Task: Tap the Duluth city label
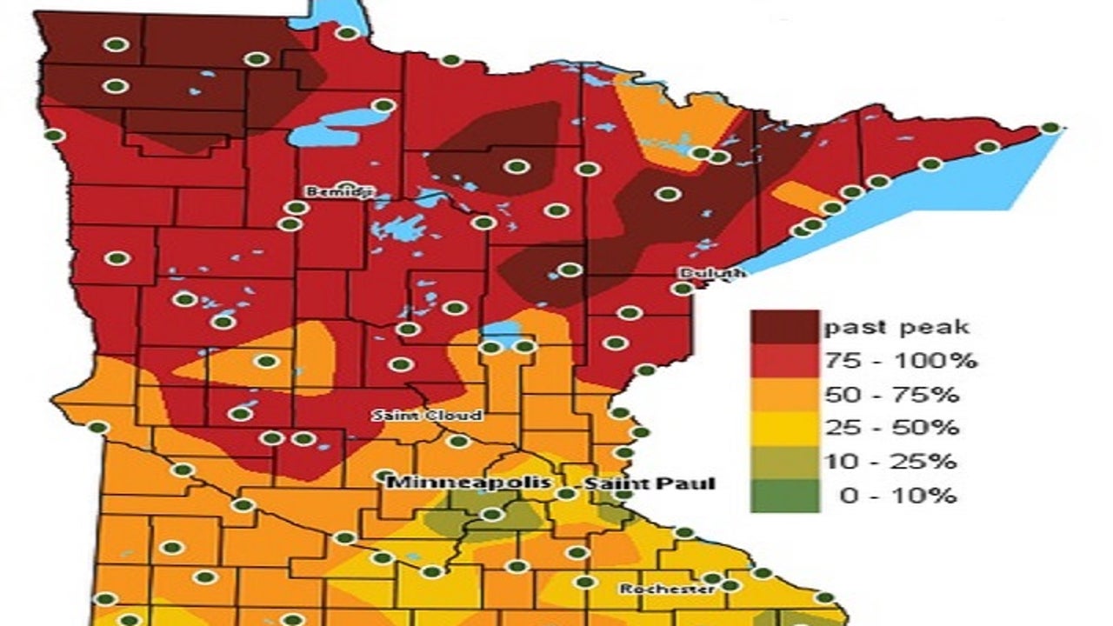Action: coord(711,273)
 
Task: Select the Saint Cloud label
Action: coord(427,416)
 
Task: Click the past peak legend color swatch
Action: coord(785,327)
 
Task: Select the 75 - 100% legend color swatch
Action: coord(785,361)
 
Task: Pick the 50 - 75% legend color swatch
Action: coord(785,395)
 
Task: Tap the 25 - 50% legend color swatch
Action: coord(785,428)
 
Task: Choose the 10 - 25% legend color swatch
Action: coord(785,462)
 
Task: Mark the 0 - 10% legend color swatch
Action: coord(785,496)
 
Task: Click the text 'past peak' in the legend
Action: coord(896,328)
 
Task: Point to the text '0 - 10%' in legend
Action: coord(897,496)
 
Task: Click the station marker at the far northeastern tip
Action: coord(1050,128)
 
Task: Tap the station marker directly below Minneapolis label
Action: coord(492,514)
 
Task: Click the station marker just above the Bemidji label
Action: coord(347,186)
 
